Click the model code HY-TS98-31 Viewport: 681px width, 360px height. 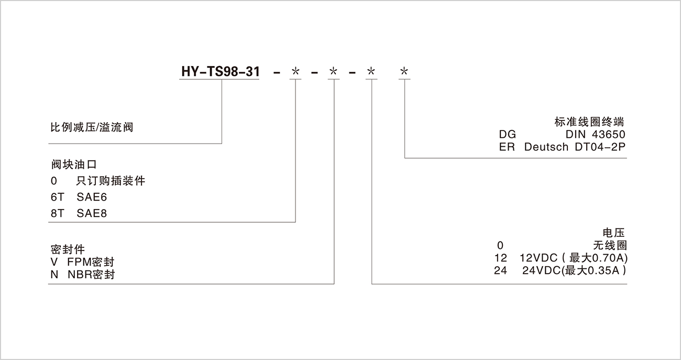221,71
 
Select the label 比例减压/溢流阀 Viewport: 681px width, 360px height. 92,127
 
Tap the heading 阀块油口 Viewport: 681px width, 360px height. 73,165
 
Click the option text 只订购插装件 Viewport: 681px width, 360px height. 111,181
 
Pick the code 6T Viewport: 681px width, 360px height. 58,197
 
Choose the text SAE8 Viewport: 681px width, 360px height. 92,213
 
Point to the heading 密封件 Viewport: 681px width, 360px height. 68,249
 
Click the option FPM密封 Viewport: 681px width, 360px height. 91,262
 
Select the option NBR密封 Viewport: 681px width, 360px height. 91,274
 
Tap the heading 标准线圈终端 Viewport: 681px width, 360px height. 589,122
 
